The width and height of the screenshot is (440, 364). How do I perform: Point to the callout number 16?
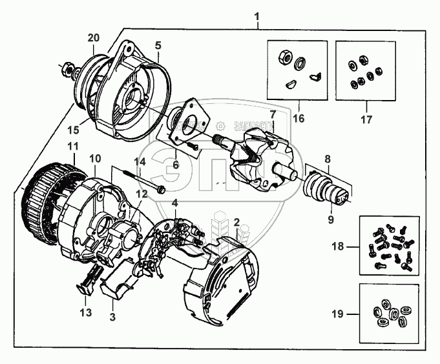(299, 119)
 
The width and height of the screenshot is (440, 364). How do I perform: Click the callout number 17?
(366, 119)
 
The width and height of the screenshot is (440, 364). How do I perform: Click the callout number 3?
(112, 317)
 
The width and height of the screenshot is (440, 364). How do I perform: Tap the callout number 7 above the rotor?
(273, 115)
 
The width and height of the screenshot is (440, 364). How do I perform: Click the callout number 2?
(237, 222)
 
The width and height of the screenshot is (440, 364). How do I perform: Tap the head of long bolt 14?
(161, 190)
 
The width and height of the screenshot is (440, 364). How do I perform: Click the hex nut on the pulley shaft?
(68, 66)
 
